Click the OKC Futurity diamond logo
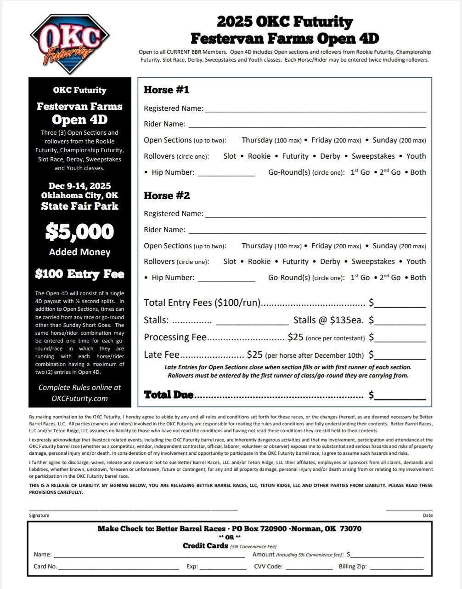pos(69,44)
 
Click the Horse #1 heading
pos(166,90)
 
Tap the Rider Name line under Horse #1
pos(307,124)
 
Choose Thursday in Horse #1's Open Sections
pos(257,140)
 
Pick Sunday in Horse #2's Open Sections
pos(384,246)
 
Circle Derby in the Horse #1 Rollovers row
pos(330,156)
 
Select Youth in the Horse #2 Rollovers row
pos(416,262)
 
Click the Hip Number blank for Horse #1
pos(226,173)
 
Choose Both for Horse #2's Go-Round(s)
pos(418,278)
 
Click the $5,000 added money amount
pos(79,231)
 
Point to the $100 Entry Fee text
pos(79,274)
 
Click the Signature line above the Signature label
pos(133,509)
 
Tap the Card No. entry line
pos(118,567)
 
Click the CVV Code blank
pos(309,567)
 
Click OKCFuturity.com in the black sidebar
pos(79,399)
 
